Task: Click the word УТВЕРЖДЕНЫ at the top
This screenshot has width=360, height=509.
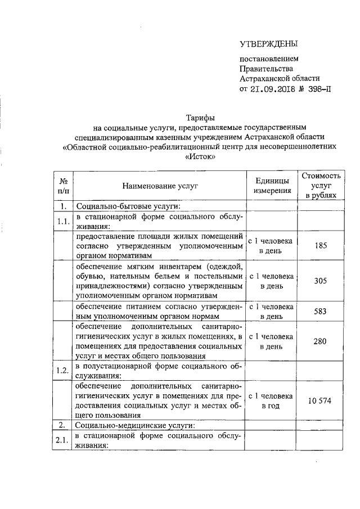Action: click(269, 44)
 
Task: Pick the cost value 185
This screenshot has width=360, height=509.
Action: click(321, 246)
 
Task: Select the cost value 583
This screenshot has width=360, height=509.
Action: click(321, 311)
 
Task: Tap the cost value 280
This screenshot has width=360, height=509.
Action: click(321, 341)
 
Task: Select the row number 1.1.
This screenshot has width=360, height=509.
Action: click(64, 222)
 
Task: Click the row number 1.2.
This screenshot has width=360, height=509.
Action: click(64, 371)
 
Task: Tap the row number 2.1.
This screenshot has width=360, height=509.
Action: click(64, 440)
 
